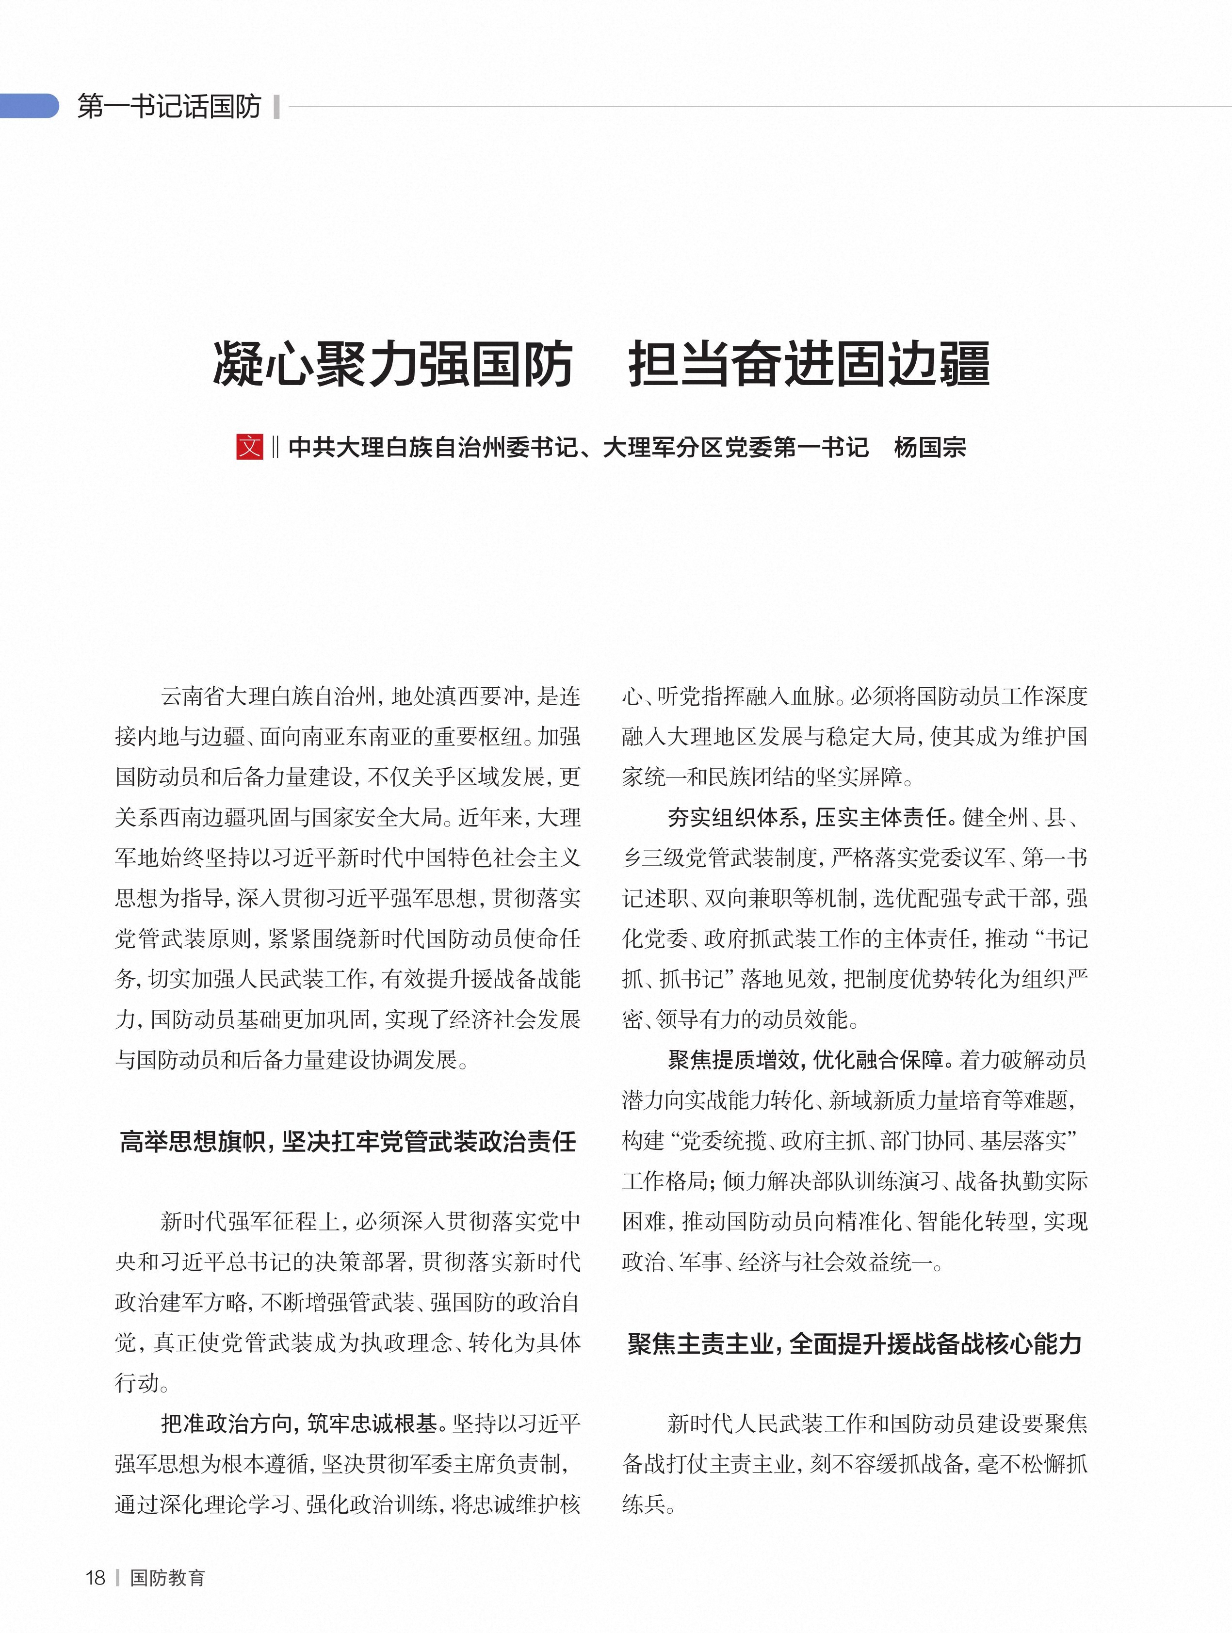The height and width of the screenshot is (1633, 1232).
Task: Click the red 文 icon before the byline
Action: click(249, 447)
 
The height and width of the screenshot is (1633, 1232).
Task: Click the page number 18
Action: click(95, 1578)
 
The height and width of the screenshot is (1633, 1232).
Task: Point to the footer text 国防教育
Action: click(167, 1578)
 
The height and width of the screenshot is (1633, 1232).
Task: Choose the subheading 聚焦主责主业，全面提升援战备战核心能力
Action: click(854, 1343)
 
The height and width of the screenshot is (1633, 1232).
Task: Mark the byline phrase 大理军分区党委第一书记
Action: click(735, 447)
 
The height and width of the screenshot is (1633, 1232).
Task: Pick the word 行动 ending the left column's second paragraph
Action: click(137, 1383)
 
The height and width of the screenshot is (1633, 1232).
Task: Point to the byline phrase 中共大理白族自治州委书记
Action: click(433, 447)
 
